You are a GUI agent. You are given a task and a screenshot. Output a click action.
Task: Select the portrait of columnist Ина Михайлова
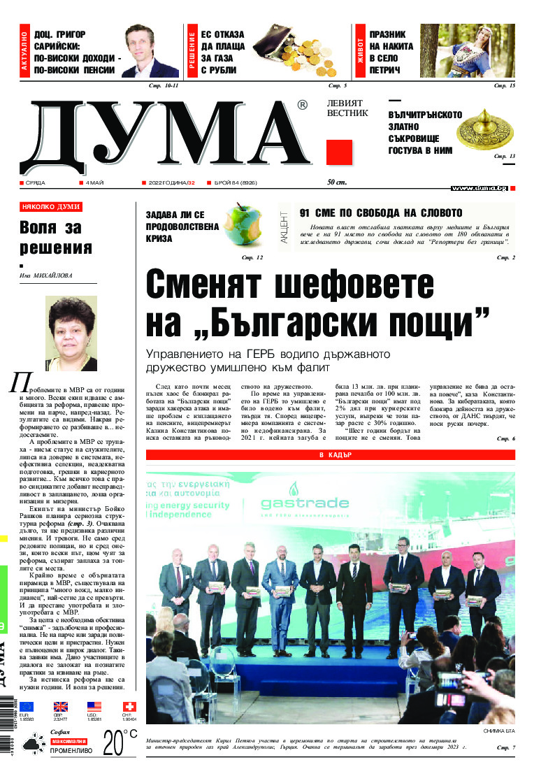(71, 333)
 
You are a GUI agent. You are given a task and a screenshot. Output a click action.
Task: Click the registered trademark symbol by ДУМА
(301, 106)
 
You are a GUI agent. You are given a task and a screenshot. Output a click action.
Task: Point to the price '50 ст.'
(337, 183)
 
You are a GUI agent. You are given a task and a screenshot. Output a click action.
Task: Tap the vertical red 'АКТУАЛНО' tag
(25, 52)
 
